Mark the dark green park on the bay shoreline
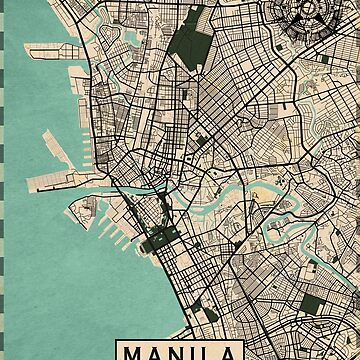(x=154, y=240)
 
